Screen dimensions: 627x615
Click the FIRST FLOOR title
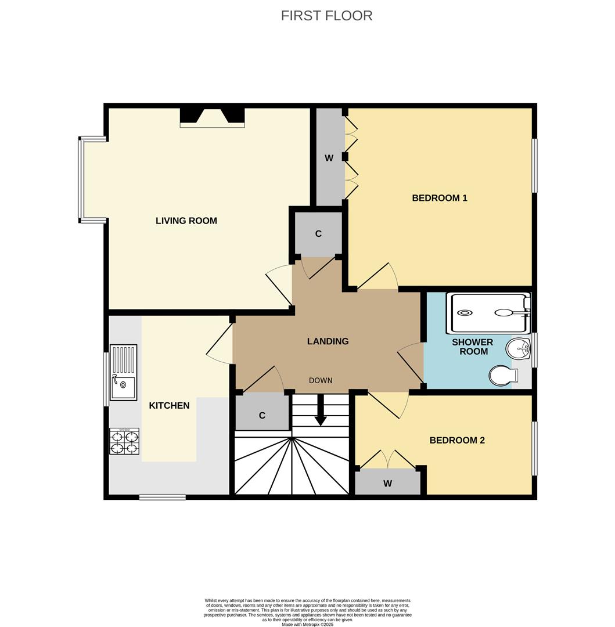[x=326, y=16]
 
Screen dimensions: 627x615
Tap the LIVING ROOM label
[x=186, y=221]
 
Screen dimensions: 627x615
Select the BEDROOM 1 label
[x=440, y=198]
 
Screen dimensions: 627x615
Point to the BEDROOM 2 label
[x=457, y=440]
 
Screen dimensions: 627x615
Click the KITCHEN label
[x=169, y=405]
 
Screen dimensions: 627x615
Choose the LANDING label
[x=328, y=341]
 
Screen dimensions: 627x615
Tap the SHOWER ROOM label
[x=472, y=347]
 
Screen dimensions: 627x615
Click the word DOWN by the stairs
[x=321, y=380]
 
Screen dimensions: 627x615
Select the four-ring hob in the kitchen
[x=124, y=441]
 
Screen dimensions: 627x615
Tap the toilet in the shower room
[x=502, y=375]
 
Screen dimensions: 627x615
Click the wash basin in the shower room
[x=518, y=349]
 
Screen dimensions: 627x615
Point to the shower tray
[x=488, y=312]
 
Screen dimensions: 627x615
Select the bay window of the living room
[x=83, y=179]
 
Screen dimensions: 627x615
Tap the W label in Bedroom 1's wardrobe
[x=329, y=158]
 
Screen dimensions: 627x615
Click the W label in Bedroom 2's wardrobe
[x=387, y=484]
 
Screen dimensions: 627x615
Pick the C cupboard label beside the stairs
[x=262, y=416]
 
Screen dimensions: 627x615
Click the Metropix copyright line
[x=307, y=624]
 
